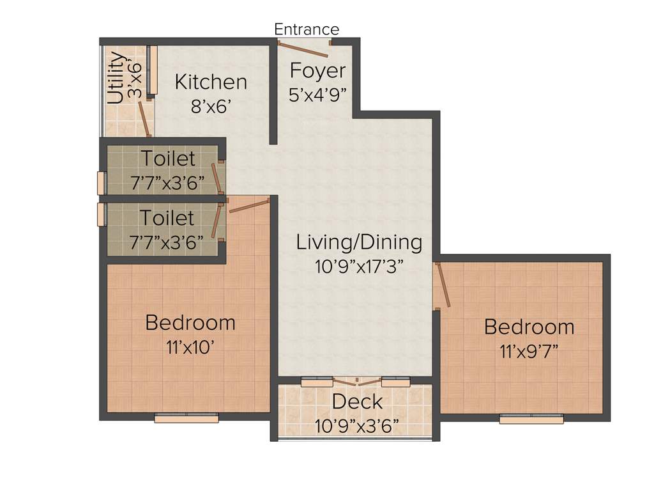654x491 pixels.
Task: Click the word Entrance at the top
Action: pyautogui.click(x=307, y=29)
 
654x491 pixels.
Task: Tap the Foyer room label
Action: pyautogui.click(x=317, y=70)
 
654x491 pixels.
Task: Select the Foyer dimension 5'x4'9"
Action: pyautogui.click(x=317, y=95)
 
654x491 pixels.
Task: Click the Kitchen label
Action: pyautogui.click(x=211, y=82)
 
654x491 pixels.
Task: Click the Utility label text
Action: pyautogui.click(x=116, y=77)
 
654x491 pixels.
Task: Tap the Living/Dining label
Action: pyautogui.click(x=359, y=242)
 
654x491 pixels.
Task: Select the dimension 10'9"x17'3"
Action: pyautogui.click(x=359, y=267)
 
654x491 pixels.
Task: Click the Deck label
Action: pyautogui.click(x=357, y=402)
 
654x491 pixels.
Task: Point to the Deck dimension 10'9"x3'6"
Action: pyautogui.click(x=357, y=425)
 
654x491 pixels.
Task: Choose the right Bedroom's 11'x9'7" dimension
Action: pyautogui.click(x=529, y=351)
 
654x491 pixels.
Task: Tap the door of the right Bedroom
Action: pyautogui.click(x=443, y=285)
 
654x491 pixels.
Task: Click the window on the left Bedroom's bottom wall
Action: pyautogui.click(x=186, y=418)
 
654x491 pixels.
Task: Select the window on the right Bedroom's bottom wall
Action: pyautogui.click(x=531, y=419)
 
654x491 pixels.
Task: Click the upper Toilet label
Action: pyautogui.click(x=168, y=157)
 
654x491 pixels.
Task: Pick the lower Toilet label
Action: pyautogui.click(x=167, y=218)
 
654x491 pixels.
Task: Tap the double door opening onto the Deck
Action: pyautogui.click(x=356, y=382)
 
